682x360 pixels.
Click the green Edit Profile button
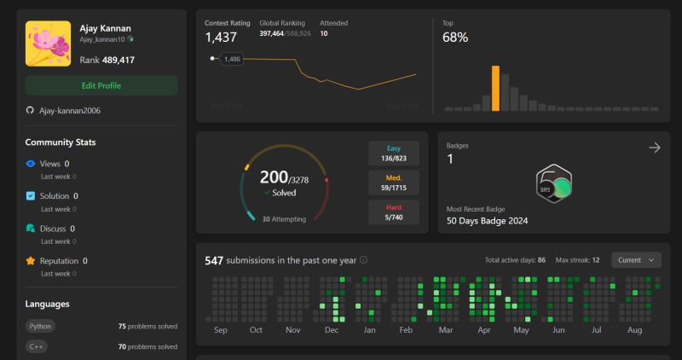click(x=101, y=85)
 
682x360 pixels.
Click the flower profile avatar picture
click(x=48, y=44)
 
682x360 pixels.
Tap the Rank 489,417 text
click(x=107, y=61)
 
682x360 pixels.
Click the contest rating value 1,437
click(x=221, y=38)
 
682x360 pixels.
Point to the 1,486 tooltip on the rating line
click(x=232, y=59)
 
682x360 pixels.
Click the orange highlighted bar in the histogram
click(x=495, y=89)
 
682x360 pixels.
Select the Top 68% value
click(x=455, y=38)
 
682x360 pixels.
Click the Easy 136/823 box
click(x=394, y=153)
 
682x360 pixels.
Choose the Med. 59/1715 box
click(x=394, y=183)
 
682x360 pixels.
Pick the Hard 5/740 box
click(x=394, y=212)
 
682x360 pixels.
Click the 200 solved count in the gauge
click(x=274, y=177)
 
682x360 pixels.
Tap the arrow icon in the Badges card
click(x=655, y=148)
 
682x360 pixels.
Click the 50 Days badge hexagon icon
click(x=554, y=183)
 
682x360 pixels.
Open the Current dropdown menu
click(x=636, y=260)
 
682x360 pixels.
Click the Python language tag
click(x=40, y=326)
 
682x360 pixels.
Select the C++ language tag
click(x=37, y=347)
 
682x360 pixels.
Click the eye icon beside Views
click(x=31, y=164)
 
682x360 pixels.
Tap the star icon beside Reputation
click(x=31, y=261)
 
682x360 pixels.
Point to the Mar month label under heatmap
click(x=445, y=329)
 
